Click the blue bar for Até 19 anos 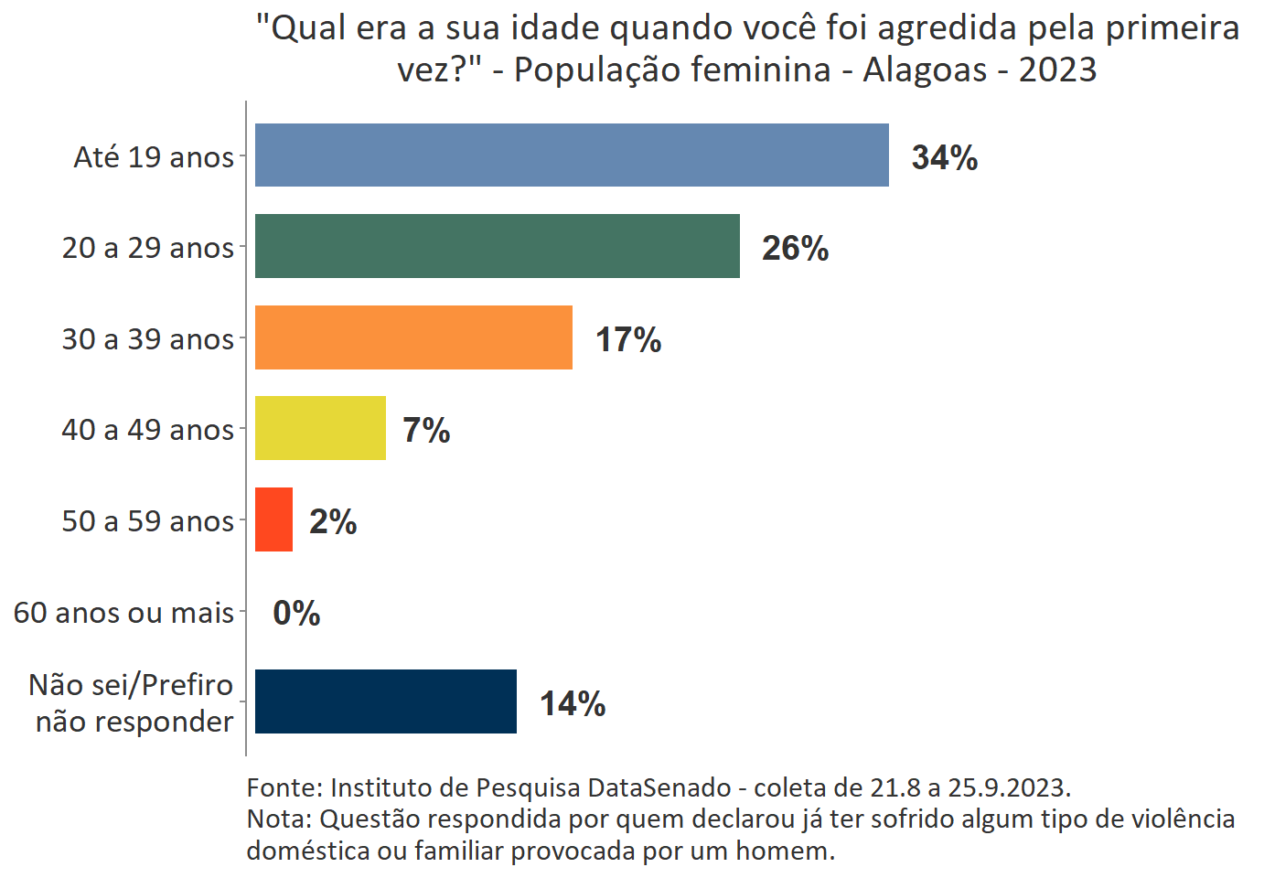[x=572, y=155]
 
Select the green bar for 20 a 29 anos [x=497, y=246]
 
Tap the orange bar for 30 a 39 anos [x=413, y=337]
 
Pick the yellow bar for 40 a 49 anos [x=320, y=428]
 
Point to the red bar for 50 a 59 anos [x=273, y=519]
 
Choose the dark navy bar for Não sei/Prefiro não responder [x=385, y=701]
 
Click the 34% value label [x=944, y=157]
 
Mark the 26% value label [x=795, y=248]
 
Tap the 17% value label [x=628, y=339]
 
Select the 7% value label [x=426, y=430]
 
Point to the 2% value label [x=333, y=521]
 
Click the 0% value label [x=296, y=613]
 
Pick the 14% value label [x=573, y=703]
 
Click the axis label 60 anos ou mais [x=123, y=612]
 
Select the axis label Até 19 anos [x=154, y=157]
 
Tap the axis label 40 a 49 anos [x=147, y=430]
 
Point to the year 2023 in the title [x=1057, y=70]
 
